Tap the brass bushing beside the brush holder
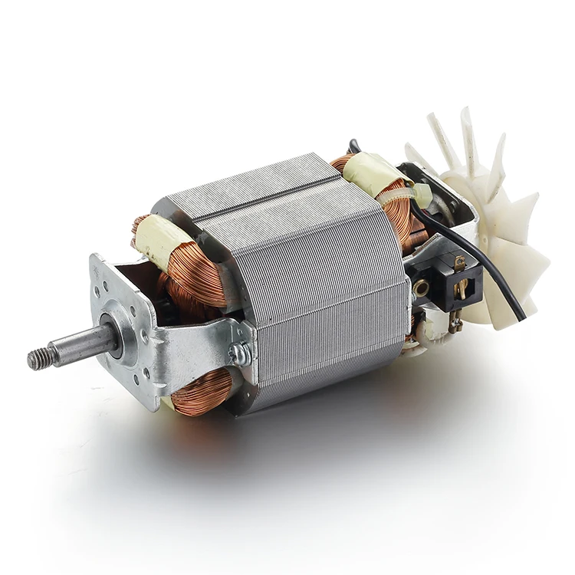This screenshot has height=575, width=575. [421, 289]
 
